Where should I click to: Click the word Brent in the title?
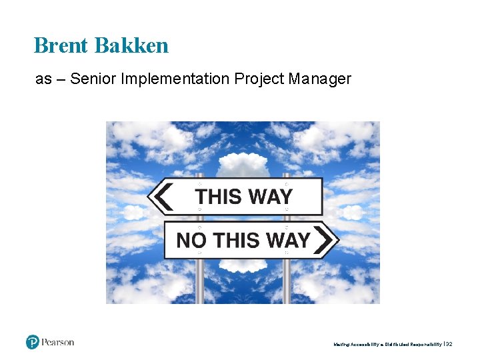point(62,45)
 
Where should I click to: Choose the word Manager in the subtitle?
point(320,79)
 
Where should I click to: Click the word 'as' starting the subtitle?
point(43,79)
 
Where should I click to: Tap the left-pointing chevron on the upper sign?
point(161,197)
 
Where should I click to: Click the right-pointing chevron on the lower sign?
point(324,239)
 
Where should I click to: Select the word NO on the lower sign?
point(191,240)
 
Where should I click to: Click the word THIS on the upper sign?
point(218,197)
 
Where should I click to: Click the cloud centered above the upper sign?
point(243,164)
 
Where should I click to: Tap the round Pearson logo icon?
point(33,342)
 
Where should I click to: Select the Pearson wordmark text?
point(58,342)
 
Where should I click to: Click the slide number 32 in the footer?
point(449,344)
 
